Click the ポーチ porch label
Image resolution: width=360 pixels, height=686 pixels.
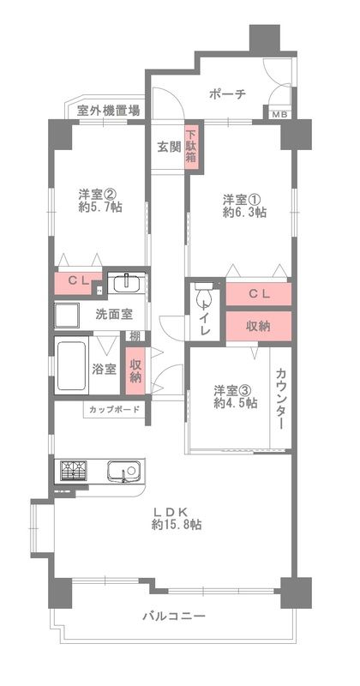pos(227,94)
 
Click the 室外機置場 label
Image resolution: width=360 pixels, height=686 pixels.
pos(109,110)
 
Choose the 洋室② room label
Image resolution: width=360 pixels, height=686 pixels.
pos(98,194)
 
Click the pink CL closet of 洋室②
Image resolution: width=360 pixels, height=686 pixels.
pos(79,283)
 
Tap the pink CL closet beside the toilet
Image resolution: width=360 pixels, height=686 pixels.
pos(258,294)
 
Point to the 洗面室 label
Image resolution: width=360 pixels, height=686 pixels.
pos(113,314)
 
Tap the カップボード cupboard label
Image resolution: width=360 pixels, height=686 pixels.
pos(113,409)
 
